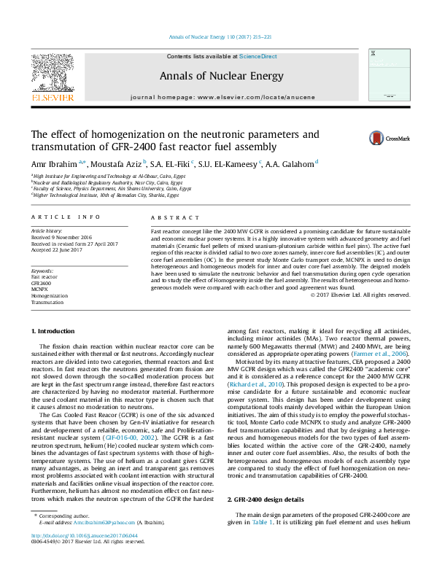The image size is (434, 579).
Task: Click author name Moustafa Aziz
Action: [x=116, y=164]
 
